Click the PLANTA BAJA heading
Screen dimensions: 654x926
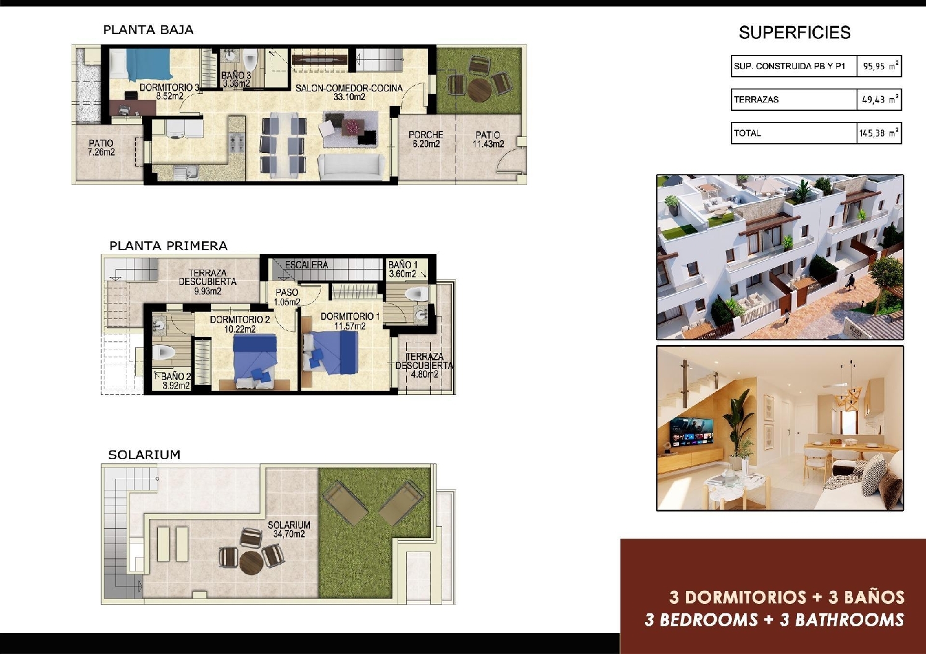tap(148, 30)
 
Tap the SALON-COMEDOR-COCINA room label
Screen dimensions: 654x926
tap(349, 92)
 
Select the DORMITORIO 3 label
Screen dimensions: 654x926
tap(169, 91)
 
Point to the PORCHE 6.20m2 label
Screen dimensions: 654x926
tap(426, 139)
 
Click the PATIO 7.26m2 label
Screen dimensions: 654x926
tap(101, 147)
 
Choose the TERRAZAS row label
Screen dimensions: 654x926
tap(756, 99)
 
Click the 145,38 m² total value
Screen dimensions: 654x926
tap(878, 133)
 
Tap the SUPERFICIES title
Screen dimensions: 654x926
tap(795, 33)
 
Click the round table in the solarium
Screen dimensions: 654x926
tap(252, 562)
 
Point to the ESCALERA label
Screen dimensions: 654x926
tap(306, 265)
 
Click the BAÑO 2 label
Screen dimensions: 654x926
tap(176, 381)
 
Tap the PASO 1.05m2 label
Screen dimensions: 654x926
tap(287, 297)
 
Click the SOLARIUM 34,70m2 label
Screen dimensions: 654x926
tap(289, 529)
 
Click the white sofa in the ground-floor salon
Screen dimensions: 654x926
tap(348, 167)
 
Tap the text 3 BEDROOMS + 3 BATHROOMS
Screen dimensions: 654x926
tap(774, 619)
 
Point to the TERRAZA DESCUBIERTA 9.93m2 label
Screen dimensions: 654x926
tap(207, 282)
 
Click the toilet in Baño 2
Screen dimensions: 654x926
tap(164, 353)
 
